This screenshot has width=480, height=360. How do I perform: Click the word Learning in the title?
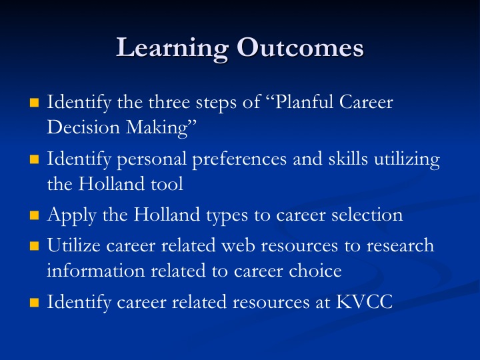point(173,49)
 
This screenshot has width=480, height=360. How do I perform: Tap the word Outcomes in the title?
point(300,47)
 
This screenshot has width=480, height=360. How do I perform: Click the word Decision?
point(83,127)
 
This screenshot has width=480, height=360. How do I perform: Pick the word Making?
point(157,128)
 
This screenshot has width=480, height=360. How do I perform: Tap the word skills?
point(348,158)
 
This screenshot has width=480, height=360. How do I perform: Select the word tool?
point(167,184)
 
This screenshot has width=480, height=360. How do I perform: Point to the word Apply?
point(71,215)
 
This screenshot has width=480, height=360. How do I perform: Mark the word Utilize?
point(74,245)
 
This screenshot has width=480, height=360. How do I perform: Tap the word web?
point(238,245)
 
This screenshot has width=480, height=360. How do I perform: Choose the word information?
point(96,271)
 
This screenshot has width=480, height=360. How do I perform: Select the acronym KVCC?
point(364,302)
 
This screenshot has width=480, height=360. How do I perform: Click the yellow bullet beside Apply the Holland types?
point(34,215)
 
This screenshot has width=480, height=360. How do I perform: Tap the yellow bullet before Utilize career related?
point(34,246)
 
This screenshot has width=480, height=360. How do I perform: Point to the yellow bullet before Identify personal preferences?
point(34,159)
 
